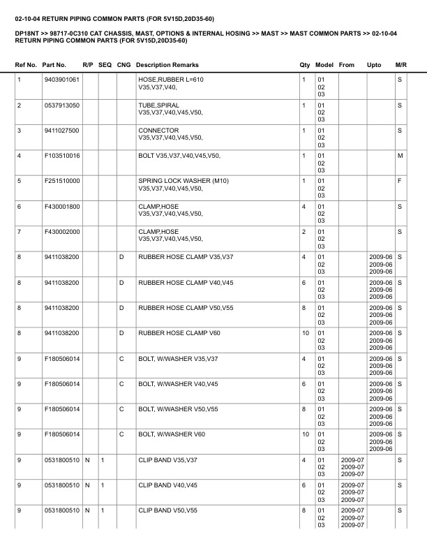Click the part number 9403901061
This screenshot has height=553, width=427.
[61, 80]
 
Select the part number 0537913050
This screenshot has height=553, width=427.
[61, 105]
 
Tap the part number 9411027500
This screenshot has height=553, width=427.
[61, 131]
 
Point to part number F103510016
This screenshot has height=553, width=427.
[62, 155]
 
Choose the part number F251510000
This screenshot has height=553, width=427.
[62, 181]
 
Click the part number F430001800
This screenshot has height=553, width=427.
[62, 206]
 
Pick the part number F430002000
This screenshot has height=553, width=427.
[62, 231]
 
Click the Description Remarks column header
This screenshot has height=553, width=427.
[168, 65]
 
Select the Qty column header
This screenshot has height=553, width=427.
[304, 65]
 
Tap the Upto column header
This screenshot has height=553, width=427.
[374, 65]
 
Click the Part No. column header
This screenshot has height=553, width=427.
[55, 65]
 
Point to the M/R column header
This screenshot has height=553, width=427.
[400, 65]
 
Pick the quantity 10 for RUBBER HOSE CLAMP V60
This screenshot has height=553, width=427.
[305, 333]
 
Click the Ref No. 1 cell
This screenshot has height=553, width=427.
[20, 80]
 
